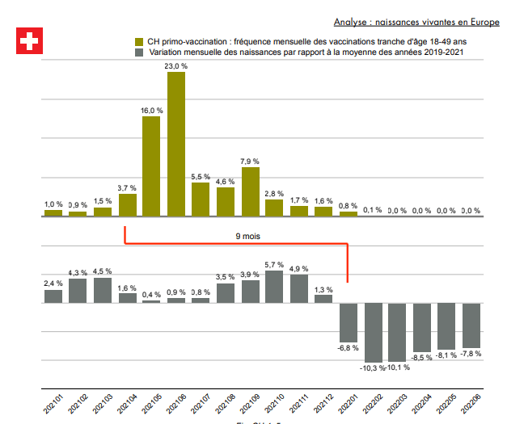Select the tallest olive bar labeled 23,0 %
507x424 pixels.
[176, 144]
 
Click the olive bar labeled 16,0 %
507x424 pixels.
[151, 166]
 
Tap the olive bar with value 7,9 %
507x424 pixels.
[251, 191]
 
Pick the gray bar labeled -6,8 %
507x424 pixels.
[349, 322]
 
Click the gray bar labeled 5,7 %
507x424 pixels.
[275, 287]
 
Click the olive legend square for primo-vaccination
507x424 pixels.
[139, 40]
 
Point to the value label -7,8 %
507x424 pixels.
[471, 354]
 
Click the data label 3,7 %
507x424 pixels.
[127, 187]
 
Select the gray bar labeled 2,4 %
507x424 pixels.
[53, 296]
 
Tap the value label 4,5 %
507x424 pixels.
[103, 271]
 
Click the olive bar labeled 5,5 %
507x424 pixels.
[201, 199]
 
